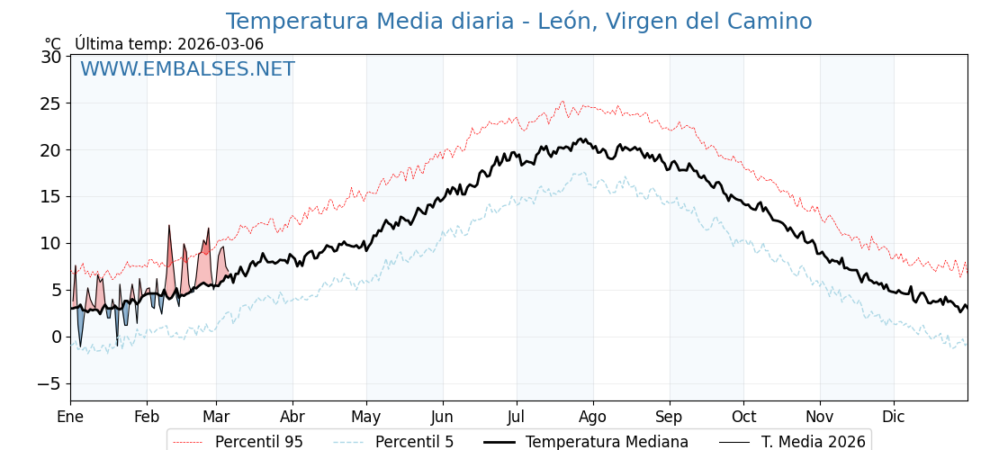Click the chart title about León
[x=518, y=22]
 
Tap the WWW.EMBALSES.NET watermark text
[x=187, y=69]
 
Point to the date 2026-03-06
[x=220, y=44]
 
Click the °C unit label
[x=53, y=44]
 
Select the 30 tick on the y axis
[x=51, y=57]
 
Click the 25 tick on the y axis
[x=51, y=103]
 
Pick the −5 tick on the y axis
[x=49, y=383]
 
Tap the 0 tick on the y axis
[x=57, y=337]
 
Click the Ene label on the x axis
[x=70, y=417]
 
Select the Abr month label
[x=292, y=417]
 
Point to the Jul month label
[x=517, y=417]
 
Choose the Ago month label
[x=593, y=417]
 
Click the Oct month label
[x=743, y=417]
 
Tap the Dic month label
[x=894, y=417]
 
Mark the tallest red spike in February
[x=168, y=227]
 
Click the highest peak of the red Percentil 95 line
[x=562, y=102]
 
